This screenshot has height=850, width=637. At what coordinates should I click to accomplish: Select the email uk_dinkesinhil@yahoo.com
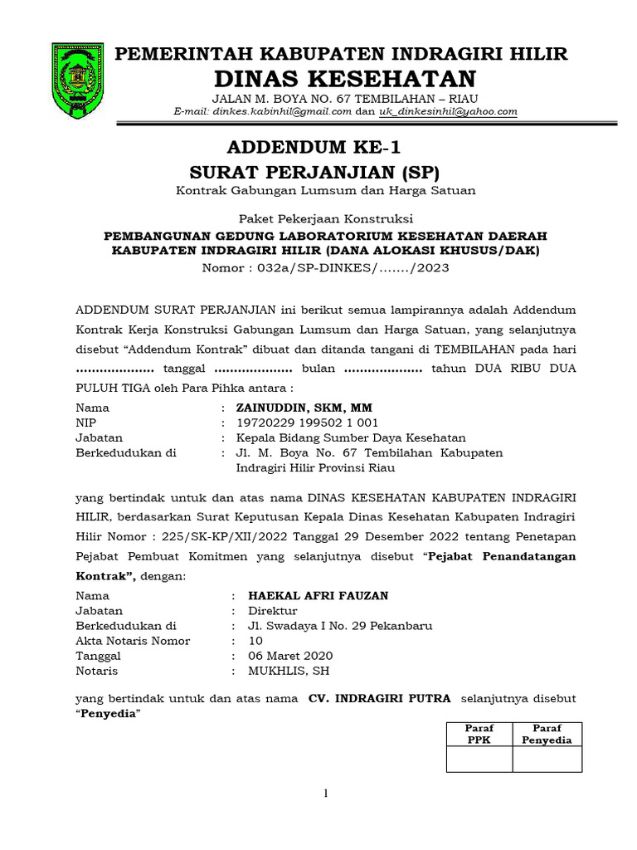448,110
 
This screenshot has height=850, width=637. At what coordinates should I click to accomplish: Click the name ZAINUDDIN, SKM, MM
304,408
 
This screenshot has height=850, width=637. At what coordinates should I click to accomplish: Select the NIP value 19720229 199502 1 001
308,423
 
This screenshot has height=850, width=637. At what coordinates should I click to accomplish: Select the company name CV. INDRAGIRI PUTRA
380,698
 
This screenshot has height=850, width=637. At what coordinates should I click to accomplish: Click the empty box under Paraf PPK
479,758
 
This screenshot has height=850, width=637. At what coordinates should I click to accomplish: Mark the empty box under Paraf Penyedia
545,758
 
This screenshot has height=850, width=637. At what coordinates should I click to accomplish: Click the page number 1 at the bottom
326,794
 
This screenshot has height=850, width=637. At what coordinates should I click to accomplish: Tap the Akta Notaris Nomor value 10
255,640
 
